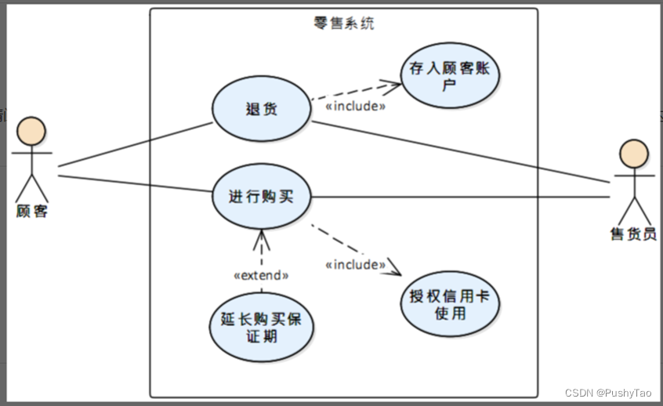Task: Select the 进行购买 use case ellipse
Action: point(262,196)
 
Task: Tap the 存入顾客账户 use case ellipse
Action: point(449,75)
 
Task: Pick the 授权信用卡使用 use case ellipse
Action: point(449,304)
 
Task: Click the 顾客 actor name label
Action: point(32,210)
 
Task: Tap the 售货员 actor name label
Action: point(633,234)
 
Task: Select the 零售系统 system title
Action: point(343,24)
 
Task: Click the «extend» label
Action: point(262,276)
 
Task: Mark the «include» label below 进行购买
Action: point(355,265)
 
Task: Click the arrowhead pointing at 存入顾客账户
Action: point(386,82)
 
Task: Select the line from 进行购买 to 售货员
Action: point(462,196)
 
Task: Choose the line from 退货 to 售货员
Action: point(462,151)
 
